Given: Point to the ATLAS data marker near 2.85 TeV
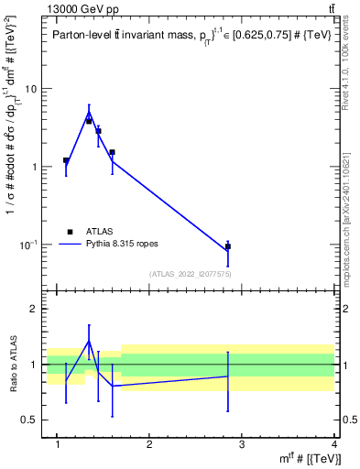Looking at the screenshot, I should pos(227,246).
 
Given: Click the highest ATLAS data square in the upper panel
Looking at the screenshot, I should pos(89,120).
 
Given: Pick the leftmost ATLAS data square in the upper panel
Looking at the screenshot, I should pos(66,160).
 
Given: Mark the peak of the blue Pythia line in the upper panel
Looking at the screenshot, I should pos(89,112).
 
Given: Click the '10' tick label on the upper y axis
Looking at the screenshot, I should pos(31,89).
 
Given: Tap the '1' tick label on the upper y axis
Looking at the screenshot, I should pos(34,167).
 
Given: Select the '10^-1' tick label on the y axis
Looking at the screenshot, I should pos(29,245).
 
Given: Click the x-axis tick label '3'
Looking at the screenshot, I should pos(241,444).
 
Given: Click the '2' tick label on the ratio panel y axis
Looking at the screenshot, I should pos(34,310).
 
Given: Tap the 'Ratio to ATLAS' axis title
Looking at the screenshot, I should pos(13,365).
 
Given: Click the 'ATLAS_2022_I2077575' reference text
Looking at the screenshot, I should pos(190,274).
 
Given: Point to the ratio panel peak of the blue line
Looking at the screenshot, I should pos(89,341).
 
